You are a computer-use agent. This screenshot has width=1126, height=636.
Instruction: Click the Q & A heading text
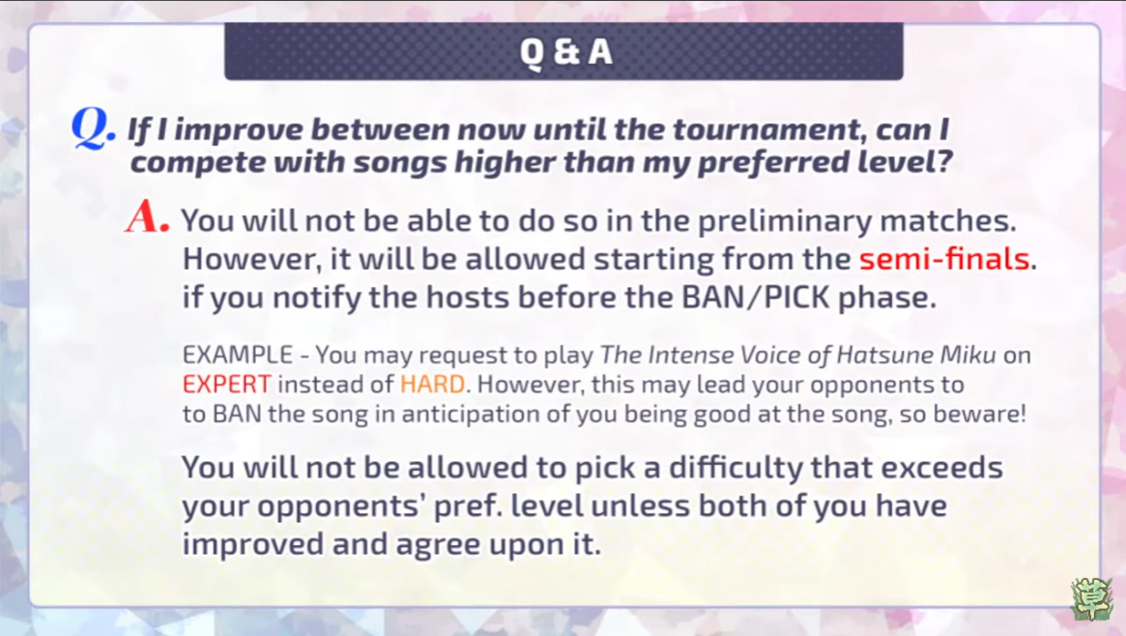point(565,51)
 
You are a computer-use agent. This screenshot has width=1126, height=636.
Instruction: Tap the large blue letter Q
point(91,130)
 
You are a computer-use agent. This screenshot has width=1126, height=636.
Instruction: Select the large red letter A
point(146,217)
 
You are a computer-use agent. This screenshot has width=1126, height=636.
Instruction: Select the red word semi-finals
point(944,258)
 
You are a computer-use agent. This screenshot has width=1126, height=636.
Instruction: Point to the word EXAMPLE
point(238,355)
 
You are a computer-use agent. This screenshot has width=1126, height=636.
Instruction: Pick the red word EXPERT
point(227,384)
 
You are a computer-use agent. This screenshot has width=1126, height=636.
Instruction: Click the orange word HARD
point(432,384)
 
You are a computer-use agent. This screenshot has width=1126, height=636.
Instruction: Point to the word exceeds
point(942,468)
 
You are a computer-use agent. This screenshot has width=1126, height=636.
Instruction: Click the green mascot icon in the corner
point(1091,598)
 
